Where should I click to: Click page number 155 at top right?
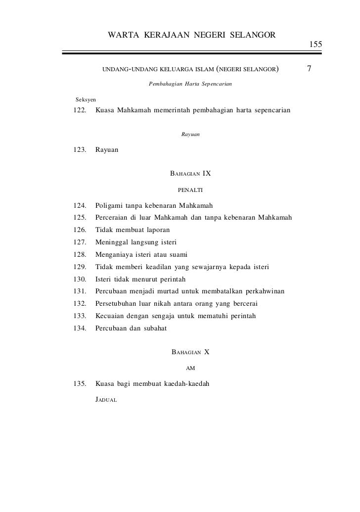click(x=316, y=45)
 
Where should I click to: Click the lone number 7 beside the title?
click(x=309, y=69)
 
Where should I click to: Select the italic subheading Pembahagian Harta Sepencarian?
click(x=190, y=84)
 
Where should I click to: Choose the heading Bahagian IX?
click(x=190, y=174)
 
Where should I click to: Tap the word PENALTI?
click(x=190, y=189)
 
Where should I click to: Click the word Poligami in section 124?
click(x=109, y=205)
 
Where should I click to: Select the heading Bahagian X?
click(x=190, y=352)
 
